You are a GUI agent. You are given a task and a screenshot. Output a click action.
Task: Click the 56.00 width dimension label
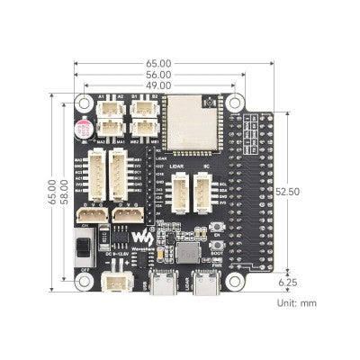159,76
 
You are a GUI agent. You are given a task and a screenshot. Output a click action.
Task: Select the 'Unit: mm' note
297,304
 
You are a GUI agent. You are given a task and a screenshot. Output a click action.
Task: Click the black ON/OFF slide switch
82,244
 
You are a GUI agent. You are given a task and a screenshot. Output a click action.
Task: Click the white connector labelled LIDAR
181,191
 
